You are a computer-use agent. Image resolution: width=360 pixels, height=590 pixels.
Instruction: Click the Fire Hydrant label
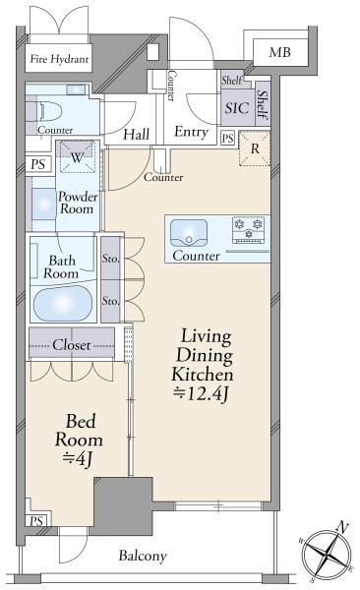(59, 59)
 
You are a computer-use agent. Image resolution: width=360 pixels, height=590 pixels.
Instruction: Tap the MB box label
(279, 52)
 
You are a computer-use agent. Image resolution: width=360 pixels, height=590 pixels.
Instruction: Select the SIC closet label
(237, 108)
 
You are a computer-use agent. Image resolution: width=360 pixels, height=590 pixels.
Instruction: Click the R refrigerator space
(255, 148)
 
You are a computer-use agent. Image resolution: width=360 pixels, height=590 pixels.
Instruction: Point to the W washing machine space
(78, 157)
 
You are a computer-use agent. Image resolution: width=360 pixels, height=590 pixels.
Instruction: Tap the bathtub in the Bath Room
(63, 303)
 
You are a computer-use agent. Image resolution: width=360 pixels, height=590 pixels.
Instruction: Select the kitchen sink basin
(189, 233)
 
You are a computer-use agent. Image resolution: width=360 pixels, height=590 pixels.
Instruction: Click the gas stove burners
(248, 229)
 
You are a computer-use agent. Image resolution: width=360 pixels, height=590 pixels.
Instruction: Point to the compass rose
(328, 554)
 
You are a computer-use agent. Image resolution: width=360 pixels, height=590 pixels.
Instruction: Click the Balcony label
(143, 556)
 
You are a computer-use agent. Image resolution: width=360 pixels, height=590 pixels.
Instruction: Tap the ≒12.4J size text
(201, 394)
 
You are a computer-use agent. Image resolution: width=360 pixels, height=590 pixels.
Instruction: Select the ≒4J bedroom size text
(78, 458)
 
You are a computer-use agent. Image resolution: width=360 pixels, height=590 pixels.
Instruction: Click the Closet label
(72, 345)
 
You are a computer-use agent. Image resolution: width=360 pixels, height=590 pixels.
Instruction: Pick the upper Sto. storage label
(111, 259)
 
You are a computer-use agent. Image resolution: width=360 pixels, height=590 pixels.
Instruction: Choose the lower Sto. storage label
(111, 301)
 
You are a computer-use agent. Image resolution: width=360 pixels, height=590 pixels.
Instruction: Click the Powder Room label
(78, 203)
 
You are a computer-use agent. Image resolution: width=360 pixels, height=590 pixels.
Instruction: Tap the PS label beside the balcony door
(36, 521)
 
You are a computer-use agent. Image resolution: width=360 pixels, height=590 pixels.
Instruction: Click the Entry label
(191, 132)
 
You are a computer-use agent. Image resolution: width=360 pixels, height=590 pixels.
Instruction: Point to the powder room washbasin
(44, 204)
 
